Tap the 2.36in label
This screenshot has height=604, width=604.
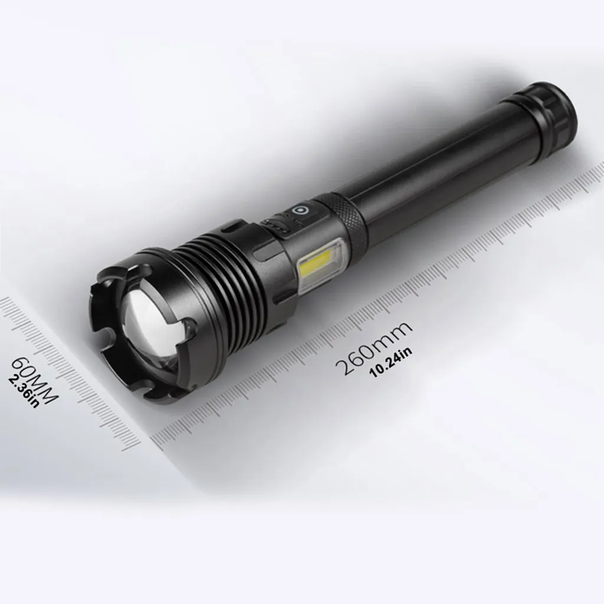(23, 392)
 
